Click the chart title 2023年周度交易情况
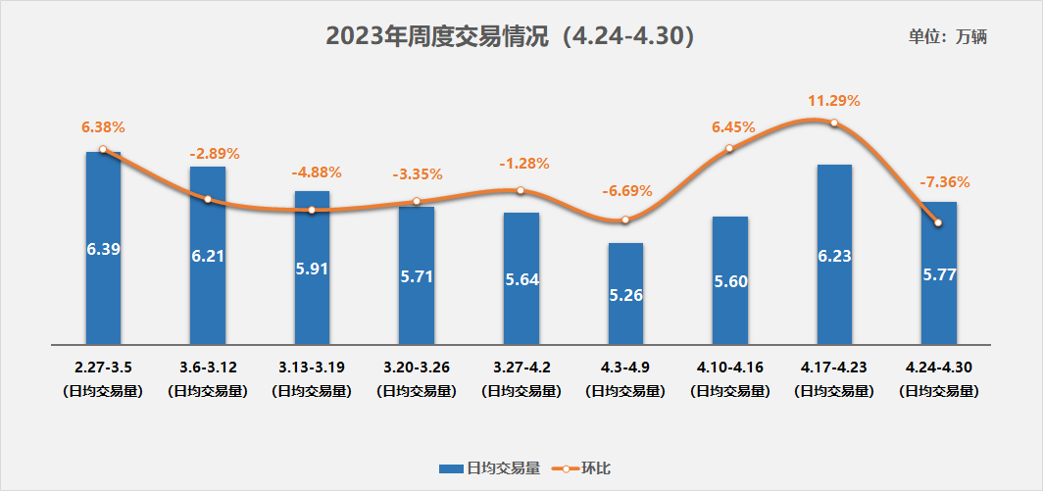511,36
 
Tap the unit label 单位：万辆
947,37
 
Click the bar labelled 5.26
625,294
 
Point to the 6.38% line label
103,127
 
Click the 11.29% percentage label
834,100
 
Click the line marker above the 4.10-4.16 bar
729,149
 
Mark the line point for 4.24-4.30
938,222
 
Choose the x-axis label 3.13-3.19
312,367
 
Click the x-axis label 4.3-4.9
625,367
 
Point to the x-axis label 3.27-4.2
521,367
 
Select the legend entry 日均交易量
489,468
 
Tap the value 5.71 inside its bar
417,276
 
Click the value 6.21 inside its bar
208,256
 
